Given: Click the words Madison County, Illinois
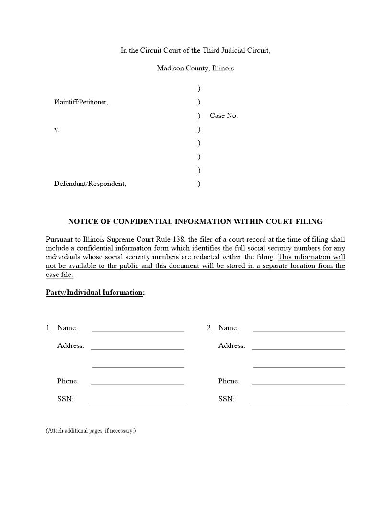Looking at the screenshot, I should pos(195,68).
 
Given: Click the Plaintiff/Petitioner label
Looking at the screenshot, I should pos(81,102).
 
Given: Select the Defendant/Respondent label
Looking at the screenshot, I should pos(90,184).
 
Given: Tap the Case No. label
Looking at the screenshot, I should pos(223,115).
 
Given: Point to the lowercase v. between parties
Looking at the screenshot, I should pos(57,129).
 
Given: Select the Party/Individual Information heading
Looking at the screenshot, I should pos(95,292).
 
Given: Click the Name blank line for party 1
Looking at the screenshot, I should pos(138,329).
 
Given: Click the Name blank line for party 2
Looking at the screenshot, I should pos(299,329).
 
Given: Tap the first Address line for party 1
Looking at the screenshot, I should pos(138,346).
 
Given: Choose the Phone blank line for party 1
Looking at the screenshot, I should pos(138,382).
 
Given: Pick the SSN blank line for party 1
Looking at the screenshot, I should pos(138,400).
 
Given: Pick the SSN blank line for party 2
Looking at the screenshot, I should pos(299,400).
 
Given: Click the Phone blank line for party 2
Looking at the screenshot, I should pos(299,382).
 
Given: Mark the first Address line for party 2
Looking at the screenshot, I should pos(299,346).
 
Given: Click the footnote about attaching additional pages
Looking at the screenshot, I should pos(91,431).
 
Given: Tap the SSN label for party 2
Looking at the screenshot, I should pos(226,399).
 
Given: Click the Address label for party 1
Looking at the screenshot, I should pos(70,345).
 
